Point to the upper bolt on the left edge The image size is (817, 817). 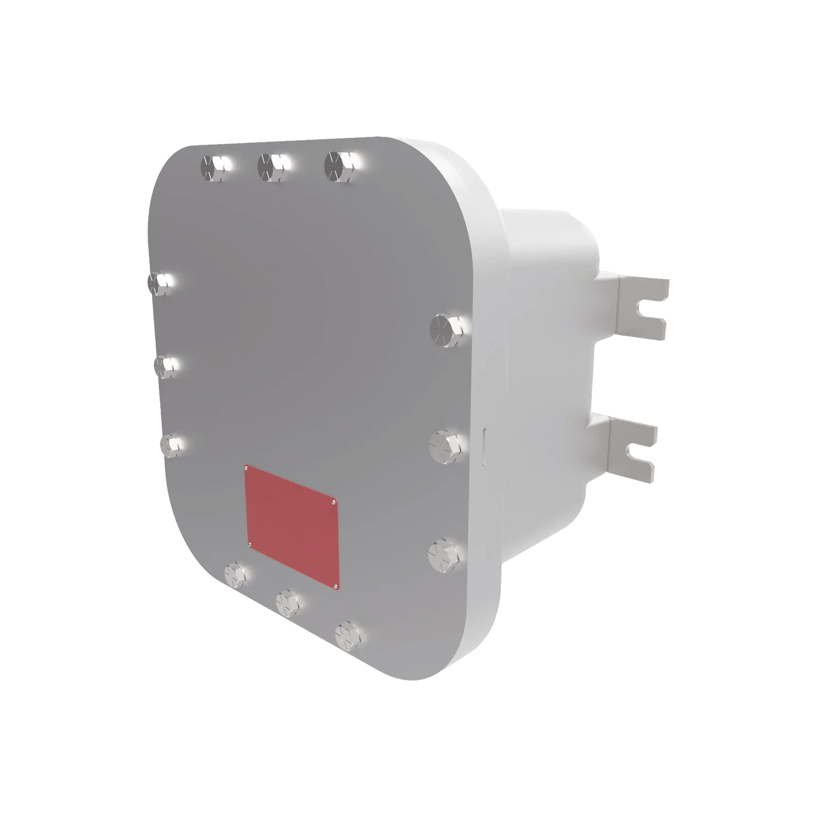159,283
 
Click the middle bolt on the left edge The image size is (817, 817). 165,366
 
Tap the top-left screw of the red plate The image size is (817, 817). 247,468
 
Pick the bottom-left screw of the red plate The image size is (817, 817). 249,544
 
